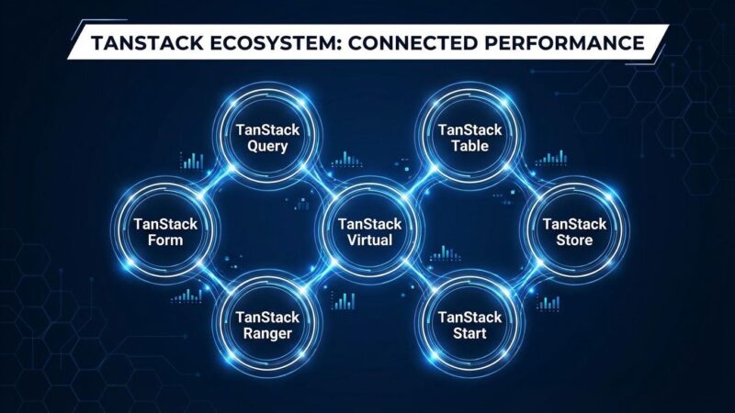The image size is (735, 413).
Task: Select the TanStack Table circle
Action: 463,138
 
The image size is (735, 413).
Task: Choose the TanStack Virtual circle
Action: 365,231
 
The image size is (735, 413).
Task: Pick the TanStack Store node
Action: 574,231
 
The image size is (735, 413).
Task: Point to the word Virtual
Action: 365,241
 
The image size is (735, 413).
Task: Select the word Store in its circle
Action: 574,241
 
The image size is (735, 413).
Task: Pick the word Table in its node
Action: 463,147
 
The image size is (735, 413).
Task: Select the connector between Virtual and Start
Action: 414,279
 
